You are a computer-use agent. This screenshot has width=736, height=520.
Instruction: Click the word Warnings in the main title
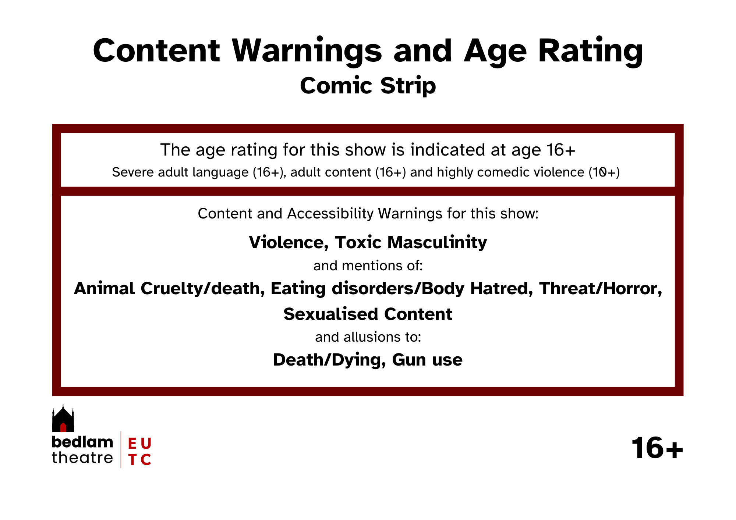pos(307,51)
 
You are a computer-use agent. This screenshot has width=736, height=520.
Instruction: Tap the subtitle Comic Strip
pos(368,86)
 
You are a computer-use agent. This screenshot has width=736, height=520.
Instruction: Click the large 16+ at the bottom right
pos(657,448)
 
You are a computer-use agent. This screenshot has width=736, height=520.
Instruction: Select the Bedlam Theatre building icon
pos(63,419)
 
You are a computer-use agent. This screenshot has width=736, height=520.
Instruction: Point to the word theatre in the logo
pos(82,458)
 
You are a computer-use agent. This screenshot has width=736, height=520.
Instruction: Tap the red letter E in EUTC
pos(132,444)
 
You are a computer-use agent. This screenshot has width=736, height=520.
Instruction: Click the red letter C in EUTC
pos(146,460)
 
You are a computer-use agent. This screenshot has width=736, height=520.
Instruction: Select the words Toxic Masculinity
pos(411,243)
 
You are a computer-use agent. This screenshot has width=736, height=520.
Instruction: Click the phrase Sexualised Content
pos(368,314)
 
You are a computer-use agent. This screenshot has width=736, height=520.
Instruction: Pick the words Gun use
pos(427,360)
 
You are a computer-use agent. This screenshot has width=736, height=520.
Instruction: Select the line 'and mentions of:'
pos(368,266)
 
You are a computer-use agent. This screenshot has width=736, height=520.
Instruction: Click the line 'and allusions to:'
pos(368,337)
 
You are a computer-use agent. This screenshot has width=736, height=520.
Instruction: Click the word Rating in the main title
pos(590,51)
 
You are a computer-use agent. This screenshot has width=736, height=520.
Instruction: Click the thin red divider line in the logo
pos(121,449)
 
